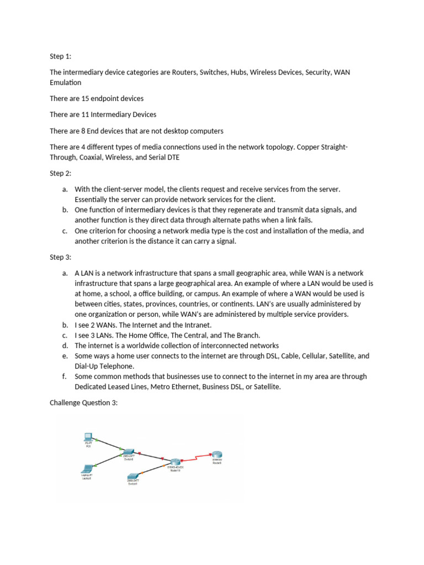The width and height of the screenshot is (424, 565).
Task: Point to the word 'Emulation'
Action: [65, 82]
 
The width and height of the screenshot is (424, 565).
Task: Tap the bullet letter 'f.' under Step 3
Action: [65, 376]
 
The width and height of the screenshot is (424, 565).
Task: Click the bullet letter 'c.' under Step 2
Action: [65, 231]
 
